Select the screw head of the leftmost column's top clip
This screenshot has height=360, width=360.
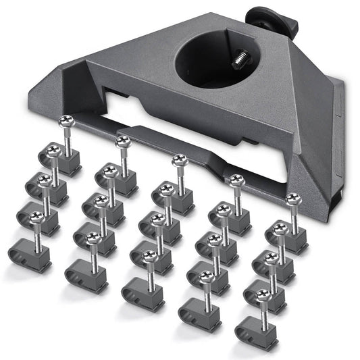66,121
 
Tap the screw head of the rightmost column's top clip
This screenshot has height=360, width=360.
292,199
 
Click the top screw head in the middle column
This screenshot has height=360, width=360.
179,160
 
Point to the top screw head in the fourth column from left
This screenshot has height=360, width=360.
236,180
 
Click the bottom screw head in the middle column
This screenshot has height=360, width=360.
150,256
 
